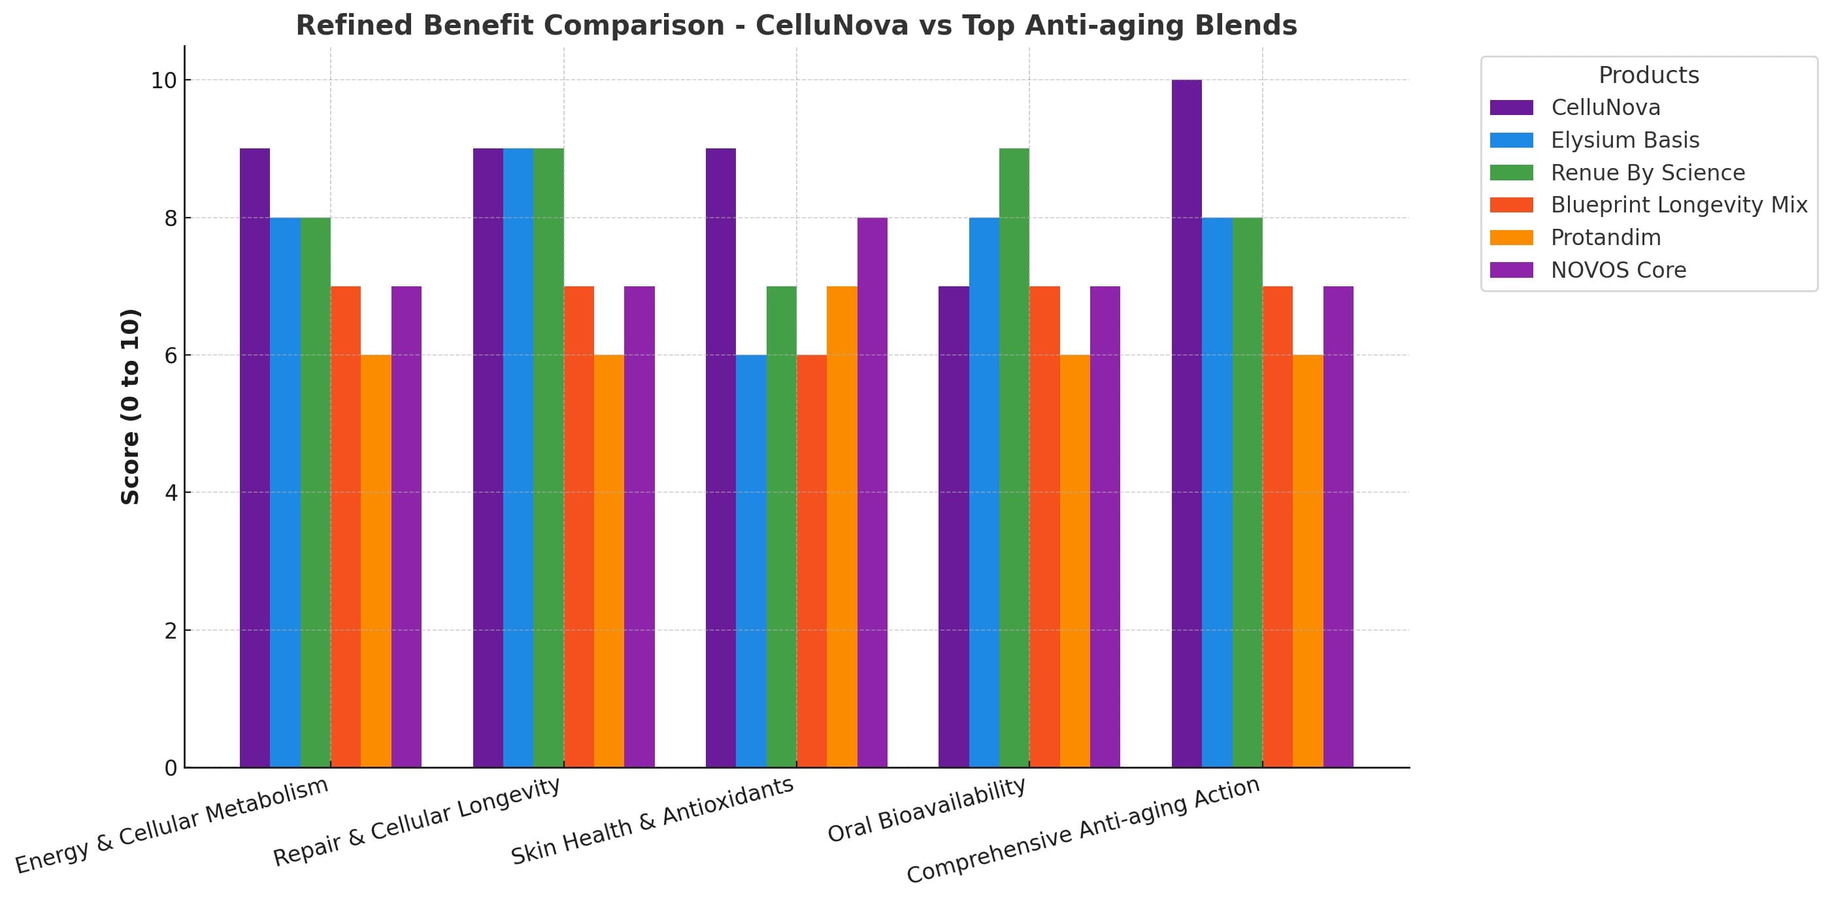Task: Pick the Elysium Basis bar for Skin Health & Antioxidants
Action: tap(751, 561)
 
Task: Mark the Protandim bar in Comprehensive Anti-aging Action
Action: tap(1308, 561)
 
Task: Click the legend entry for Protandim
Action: tap(1606, 237)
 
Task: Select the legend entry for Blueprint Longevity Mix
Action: tap(1678, 205)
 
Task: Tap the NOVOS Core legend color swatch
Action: tap(1511, 270)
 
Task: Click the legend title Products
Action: tap(1648, 75)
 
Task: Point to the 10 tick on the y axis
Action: tap(163, 80)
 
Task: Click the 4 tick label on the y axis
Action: tap(171, 492)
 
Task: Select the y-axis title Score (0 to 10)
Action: tap(130, 407)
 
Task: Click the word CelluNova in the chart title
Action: tap(831, 25)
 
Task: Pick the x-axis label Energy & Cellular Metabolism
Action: tap(172, 826)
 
